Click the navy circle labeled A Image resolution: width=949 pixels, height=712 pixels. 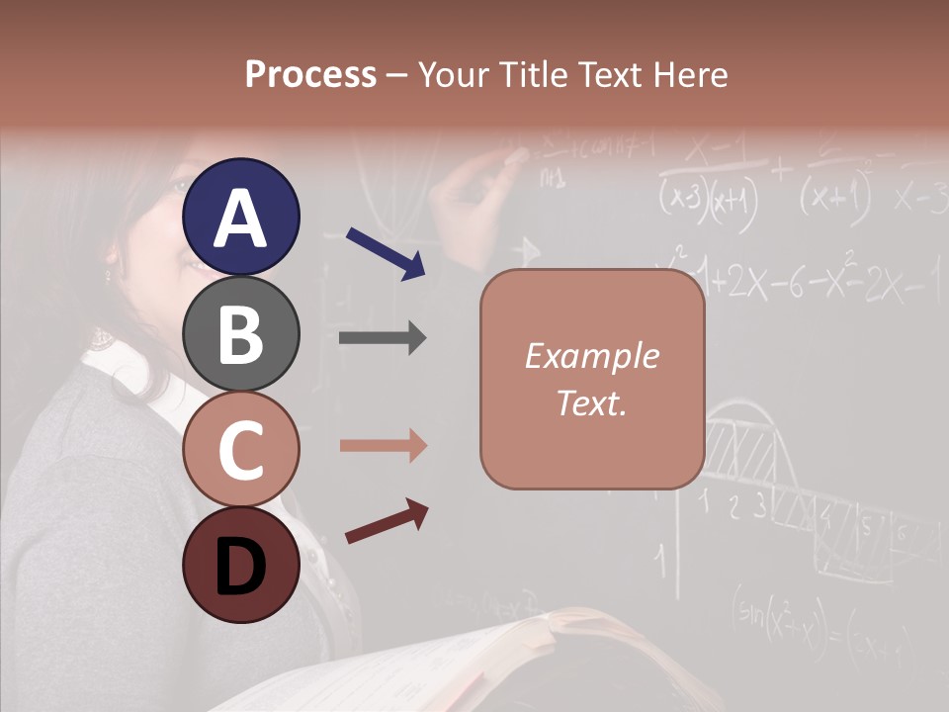point(240,217)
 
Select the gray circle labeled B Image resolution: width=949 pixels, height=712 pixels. point(240,333)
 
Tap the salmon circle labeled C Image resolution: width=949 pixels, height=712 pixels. point(240,449)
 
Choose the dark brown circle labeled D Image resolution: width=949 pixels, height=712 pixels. point(240,565)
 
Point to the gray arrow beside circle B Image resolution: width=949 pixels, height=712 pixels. point(383,338)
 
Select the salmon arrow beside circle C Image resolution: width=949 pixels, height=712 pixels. point(383,446)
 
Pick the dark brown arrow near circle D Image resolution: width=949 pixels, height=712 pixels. point(387,522)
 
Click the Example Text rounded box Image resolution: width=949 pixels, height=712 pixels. point(592,379)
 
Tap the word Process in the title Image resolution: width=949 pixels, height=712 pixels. point(310,74)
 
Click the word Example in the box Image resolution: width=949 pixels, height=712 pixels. point(591,356)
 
